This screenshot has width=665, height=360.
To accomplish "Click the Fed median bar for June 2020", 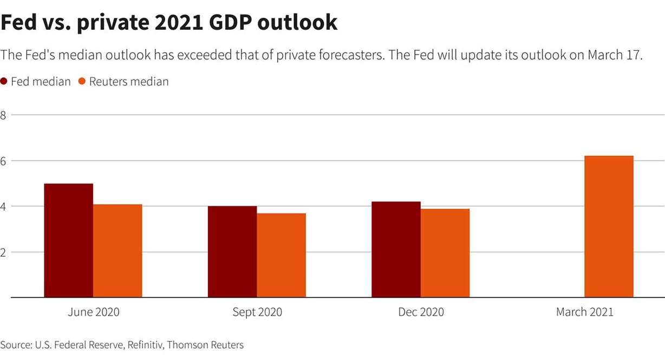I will [x=68, y=240].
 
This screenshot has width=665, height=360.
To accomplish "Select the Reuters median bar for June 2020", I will [x=118, y=251].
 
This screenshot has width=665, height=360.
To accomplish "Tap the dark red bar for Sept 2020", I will [x=232, y=252].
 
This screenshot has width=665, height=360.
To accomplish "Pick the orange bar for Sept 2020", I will [x=281, y=255].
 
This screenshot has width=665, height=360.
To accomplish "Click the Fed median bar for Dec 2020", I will [x=396, y=250].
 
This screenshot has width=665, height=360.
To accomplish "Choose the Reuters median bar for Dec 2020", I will [x=445, y=253].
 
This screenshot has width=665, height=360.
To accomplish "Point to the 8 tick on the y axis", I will [x=3, y=115].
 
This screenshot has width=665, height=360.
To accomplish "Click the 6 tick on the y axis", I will [x=3, y=161].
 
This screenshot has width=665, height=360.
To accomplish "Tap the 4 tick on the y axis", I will [x=3, y=206].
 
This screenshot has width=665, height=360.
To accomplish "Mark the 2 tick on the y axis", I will [x=3, y=252].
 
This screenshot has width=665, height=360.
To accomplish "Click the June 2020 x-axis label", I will [x=93, y=312].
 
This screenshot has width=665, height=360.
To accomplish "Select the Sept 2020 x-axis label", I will [x=257, y=312].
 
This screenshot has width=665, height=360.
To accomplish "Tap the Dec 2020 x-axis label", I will [x=421, y=312].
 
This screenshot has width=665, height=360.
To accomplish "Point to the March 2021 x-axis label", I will [x=584, y=312].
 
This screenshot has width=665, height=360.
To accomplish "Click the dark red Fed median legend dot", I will [x=4, y=82].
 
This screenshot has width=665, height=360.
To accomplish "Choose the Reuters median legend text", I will [x=129, y=82].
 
